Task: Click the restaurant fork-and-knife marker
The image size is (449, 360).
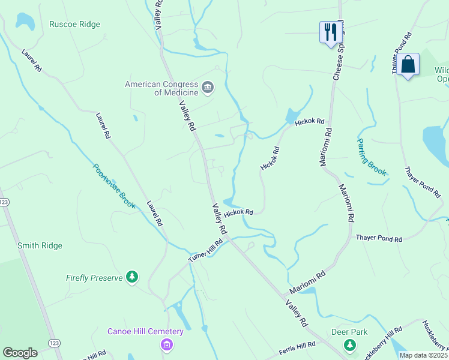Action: (x=330, y=32)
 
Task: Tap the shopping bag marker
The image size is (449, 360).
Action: (x=408, y=65)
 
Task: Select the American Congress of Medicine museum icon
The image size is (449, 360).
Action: (x=208, y=88)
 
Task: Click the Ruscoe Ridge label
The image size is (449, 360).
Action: (x=75, y=25)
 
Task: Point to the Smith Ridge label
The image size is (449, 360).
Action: (x=40, y=245)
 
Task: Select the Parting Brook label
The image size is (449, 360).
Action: (x=372, y=157)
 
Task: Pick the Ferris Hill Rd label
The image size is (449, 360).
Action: (x=297, y=348)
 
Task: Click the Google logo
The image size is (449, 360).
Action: (x=20, y=353)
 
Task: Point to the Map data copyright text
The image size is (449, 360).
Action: (x=424, y=355)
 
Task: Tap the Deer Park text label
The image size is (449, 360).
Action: (x=349, y=332)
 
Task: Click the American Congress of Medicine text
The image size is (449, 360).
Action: (x=161, y=88)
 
